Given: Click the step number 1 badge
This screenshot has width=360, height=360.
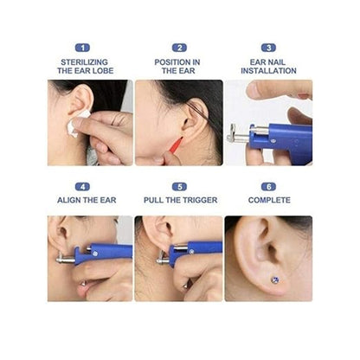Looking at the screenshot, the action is click(82, 48).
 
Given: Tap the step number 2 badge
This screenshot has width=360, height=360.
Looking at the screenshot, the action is click(179, 48).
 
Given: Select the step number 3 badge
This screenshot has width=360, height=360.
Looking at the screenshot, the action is click(268, 48).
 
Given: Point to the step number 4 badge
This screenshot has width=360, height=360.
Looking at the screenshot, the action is click(82, 187).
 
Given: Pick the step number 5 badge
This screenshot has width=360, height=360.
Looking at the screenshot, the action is click(179, 187).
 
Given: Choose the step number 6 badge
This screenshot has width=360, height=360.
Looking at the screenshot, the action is click(268, 187).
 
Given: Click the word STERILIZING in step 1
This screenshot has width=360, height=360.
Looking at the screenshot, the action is click(84, 62).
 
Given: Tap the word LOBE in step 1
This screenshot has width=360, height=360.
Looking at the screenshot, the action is click(103, 71).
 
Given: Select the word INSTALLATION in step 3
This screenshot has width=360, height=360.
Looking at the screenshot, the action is click(268, 71).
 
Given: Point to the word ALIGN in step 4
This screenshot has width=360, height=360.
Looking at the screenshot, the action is click(67, 200).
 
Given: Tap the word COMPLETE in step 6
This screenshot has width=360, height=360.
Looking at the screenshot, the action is click(269, 200).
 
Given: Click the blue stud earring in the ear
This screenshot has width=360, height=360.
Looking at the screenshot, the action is click(275, 280).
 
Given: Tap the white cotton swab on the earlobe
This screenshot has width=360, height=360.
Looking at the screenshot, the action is click(77, 124).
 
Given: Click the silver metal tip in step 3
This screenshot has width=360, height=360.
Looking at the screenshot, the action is click(237, 134).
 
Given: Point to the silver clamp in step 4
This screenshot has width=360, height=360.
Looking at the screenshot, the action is click(65, 259).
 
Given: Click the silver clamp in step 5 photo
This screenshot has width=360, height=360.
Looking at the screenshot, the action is click(163, 260).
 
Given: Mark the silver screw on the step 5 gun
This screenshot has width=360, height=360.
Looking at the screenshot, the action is click(191, 252).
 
